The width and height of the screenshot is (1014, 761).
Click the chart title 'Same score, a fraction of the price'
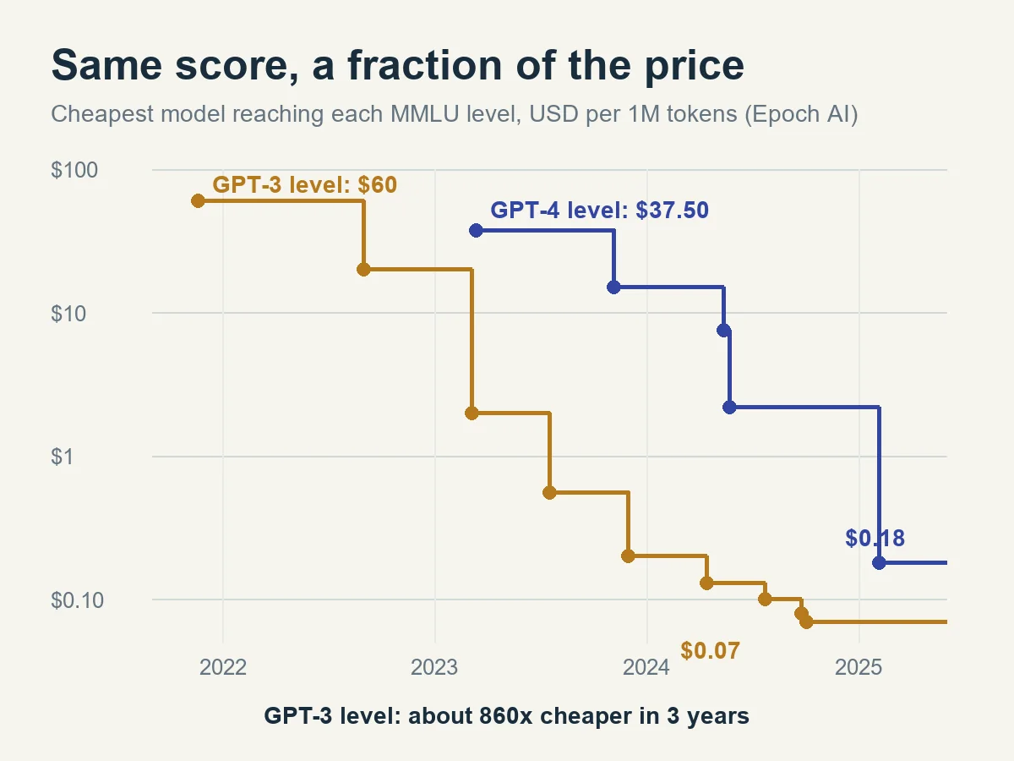click(x=397, y=66)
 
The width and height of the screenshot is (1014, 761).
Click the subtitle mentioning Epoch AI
click(x=454, y=114)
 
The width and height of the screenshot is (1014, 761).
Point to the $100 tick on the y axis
click(x=74, y=170)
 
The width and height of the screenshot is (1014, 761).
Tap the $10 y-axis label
click(x=68, y=314)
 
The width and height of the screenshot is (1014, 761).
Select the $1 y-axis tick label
click(x=63, y=457)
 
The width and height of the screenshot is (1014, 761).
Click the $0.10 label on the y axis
click(x=77, y=600)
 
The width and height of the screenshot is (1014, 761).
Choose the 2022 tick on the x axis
click(x=223, y=667)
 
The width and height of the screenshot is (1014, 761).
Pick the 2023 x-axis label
click(x=434, y=667)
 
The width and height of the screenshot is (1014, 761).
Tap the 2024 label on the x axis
click(x=646, y=667)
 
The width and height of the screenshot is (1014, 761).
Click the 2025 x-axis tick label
click(x=859, y=667)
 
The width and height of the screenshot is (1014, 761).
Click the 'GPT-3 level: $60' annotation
click(x=304, y=185)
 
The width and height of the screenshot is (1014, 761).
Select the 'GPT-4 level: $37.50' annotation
click(x=599, y=211)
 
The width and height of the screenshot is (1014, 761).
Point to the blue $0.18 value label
click(x=875, y=539)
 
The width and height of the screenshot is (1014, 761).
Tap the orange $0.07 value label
click(x=710, y=650)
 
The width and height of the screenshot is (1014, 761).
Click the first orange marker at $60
click(x=198, y=201)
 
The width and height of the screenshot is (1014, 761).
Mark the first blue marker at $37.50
click(x=476, y=231)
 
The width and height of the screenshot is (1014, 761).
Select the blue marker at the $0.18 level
click(x=879, y=563)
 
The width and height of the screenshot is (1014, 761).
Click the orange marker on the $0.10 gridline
click(x=765, y=599)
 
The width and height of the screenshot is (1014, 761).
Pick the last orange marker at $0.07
click(x=806, y=622)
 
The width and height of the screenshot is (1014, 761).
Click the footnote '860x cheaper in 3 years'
click(x=614, y=716)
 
